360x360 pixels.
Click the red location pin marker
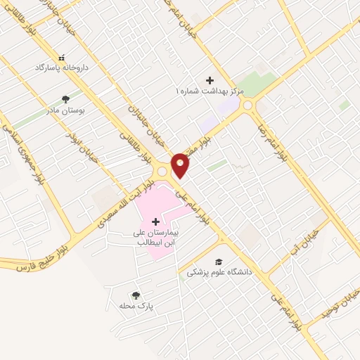pos(181,165)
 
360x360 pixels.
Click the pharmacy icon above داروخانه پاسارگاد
pos(61,57)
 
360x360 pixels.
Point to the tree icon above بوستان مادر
pos(65,99)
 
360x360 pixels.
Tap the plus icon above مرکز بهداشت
pos(210,80)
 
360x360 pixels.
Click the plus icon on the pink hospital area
pos(155,221)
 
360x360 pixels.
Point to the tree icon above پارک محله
pos(136,296)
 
